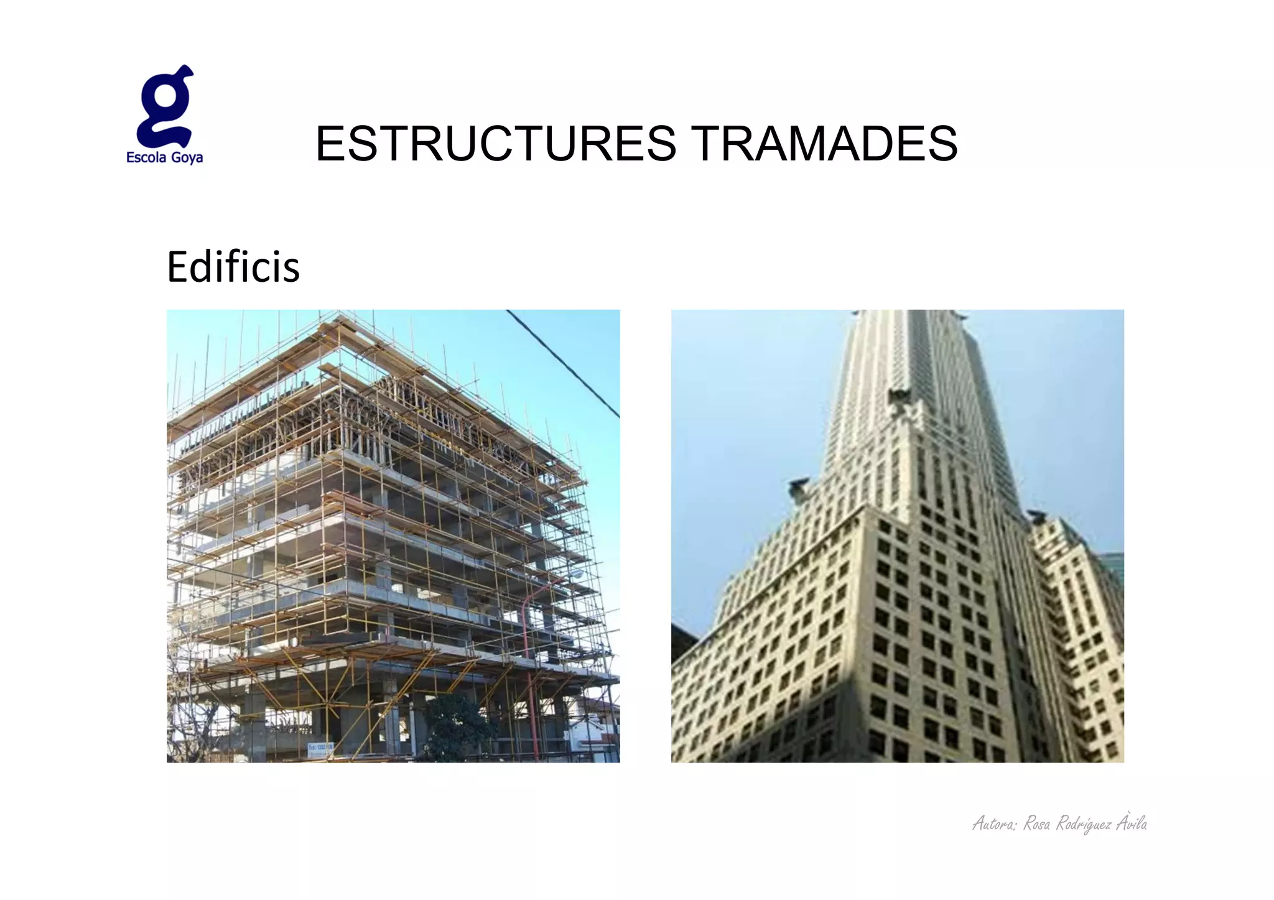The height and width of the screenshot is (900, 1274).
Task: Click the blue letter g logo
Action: [165, 106]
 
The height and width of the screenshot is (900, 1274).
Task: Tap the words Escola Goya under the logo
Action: [164, 157]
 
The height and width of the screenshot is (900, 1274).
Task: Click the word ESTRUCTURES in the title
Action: [495, 144]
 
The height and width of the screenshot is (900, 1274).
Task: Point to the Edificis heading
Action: [233, 267]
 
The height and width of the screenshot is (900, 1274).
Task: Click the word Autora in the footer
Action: [994, 824]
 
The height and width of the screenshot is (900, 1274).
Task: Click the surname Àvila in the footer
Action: [1132, 823]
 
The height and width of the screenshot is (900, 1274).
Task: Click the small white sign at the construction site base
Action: [320, 748]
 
